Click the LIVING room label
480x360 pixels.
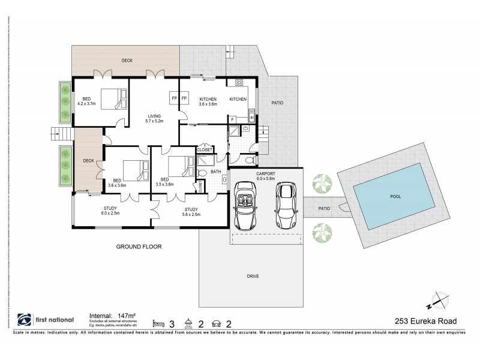click(x=155, y=117)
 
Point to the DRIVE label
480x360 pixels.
click(x=251, y=277)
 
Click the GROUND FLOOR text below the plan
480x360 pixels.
click(x=139, y=246)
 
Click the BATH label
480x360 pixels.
click(x=216, y=172)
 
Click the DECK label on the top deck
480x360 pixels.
click(x=127, y=61)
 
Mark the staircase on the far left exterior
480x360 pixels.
click(x=61, y=134)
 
